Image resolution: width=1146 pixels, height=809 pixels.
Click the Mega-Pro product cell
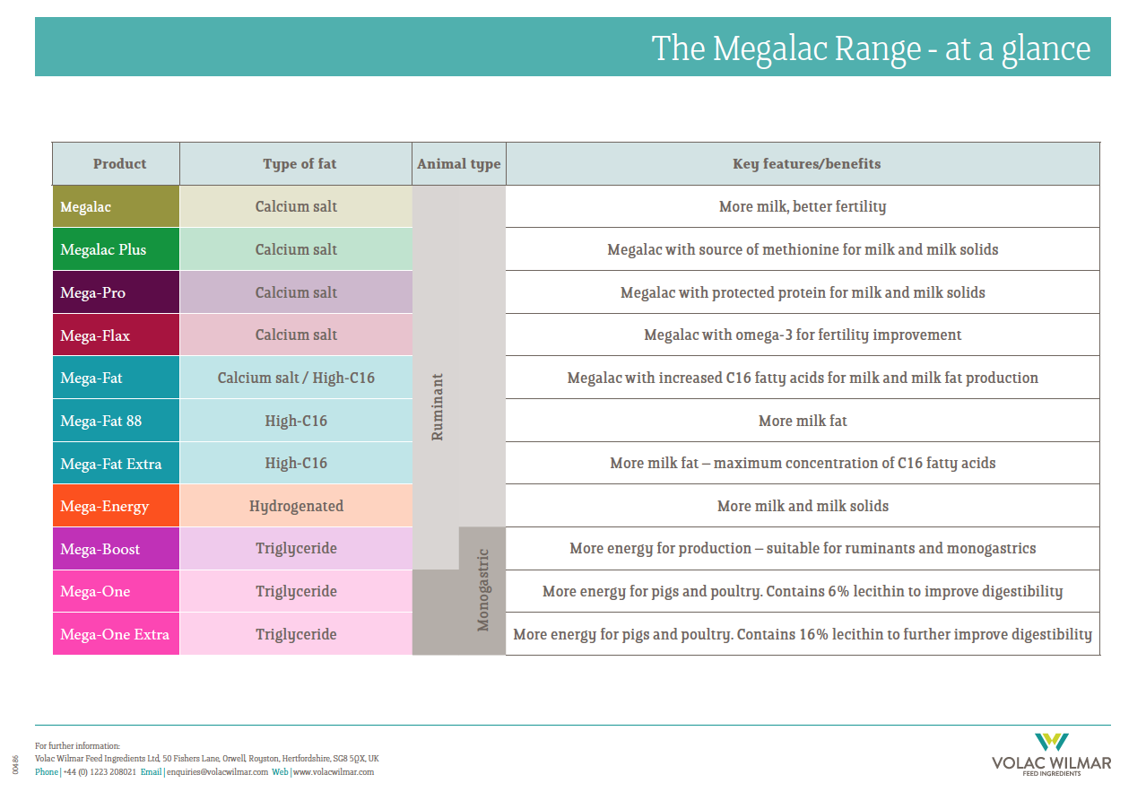(116, 292)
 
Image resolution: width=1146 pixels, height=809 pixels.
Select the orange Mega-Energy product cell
(116, 506)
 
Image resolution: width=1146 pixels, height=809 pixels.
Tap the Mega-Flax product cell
(116, 335)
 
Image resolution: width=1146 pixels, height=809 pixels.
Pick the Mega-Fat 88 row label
(116, 421)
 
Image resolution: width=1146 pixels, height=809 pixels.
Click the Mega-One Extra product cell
(116, 634)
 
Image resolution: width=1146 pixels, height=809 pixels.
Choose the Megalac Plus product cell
(116, 249)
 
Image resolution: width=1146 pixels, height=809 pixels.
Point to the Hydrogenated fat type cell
(296, 506)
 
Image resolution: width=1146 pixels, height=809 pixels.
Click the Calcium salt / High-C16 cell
(296, 378)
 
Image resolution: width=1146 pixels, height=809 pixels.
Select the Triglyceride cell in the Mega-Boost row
(296, 549)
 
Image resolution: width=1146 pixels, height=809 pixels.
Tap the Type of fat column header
(300, 164)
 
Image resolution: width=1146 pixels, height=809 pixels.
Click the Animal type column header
(459, 164)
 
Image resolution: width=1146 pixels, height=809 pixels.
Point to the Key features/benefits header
(806, 164)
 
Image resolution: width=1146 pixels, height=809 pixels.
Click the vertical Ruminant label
(438, 406)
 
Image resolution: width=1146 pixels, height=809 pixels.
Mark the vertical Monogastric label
(483, 590)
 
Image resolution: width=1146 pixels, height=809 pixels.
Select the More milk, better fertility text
(803, 206)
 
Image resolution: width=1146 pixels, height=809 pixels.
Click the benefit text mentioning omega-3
(803, 335)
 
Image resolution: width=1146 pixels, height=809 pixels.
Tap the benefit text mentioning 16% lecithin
(803, 634)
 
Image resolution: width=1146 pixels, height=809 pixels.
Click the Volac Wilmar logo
(1051, 754)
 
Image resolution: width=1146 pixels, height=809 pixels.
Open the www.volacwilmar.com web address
(334, 771)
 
